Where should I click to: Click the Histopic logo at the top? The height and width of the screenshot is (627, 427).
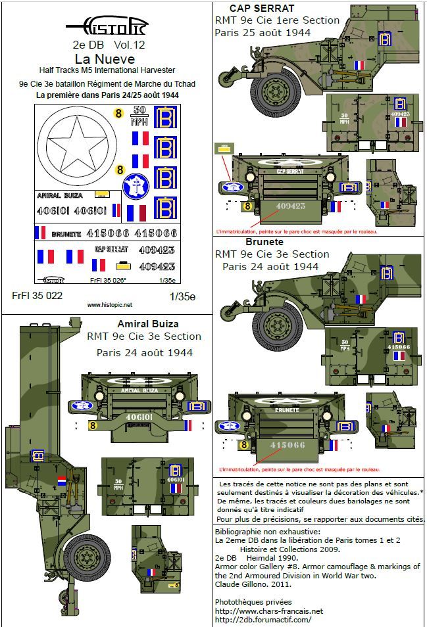(107, 28)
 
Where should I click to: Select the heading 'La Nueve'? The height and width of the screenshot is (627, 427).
(107, 59)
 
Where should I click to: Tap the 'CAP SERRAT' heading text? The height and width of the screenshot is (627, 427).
(253, 8)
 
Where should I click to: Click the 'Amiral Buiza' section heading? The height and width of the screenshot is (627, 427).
(147, 324)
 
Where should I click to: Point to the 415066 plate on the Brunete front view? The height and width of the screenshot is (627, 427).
(284, 446)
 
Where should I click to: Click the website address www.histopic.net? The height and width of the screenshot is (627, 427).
(109, 305)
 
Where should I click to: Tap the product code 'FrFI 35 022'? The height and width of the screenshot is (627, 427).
(38, 296)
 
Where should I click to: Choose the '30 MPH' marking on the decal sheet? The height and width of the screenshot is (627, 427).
(140, 114)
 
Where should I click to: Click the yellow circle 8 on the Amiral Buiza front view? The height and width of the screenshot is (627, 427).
(88, 425)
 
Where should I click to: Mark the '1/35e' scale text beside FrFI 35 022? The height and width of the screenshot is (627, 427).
(182, 296)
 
